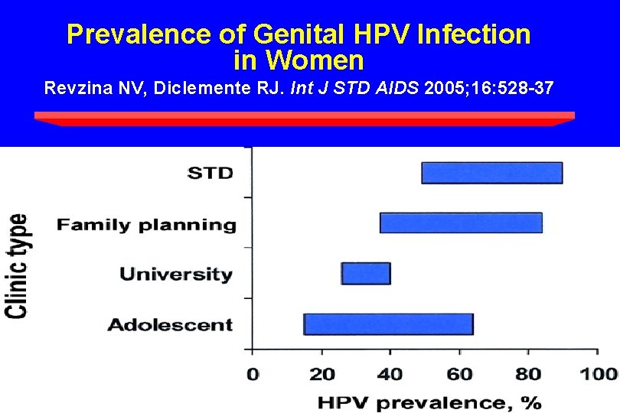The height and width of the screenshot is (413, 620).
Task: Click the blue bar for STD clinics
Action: pos(491,173)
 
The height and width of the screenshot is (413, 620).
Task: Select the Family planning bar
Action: pos(461,223)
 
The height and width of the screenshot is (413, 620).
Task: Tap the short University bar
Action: pos(366,273)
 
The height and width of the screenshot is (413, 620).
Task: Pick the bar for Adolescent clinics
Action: pos(388,324)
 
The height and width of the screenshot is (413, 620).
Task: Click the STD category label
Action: pos(210,172)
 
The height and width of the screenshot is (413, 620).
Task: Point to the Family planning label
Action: pos(146,225)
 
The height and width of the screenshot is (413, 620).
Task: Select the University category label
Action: pos(176,274)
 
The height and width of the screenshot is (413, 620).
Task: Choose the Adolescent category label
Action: pos(170,324)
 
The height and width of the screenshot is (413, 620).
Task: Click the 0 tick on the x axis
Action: pos(253,374)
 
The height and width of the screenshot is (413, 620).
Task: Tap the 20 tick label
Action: pos(321,374)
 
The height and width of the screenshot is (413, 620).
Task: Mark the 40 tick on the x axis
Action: pos(390,374)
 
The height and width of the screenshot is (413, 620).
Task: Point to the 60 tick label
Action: pos(459,374)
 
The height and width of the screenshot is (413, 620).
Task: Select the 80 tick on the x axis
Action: pos(528,374)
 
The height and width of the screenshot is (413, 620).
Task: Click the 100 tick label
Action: pos(601,374)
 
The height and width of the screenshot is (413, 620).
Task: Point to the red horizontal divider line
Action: pos(305,117)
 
